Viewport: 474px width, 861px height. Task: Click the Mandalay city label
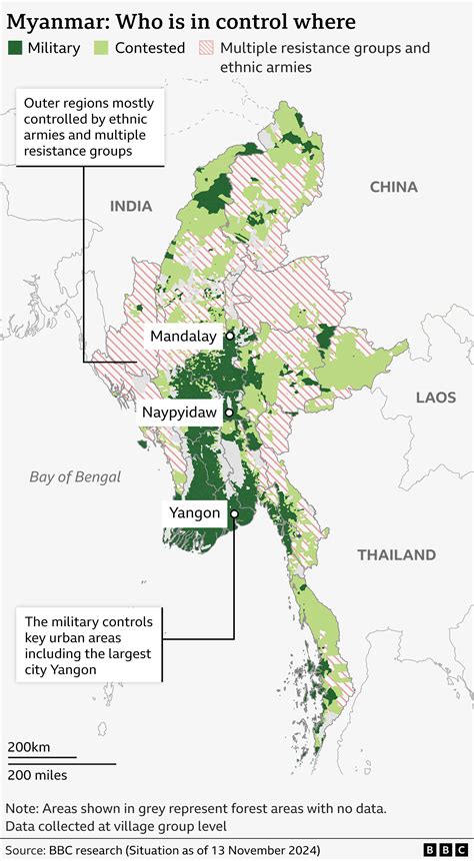tap(183, 337)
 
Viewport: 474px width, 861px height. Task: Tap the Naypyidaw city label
tap(179, 412)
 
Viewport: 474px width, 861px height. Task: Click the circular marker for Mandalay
tap(230, 337)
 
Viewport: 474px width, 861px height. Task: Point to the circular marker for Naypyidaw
tap(229, 412)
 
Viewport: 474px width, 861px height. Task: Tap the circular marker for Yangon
tap(233, 514)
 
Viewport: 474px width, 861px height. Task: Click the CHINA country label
tap(393, 186)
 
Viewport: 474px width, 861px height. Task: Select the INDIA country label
tap(131, 206)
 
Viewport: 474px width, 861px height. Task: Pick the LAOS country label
tap(435, 397)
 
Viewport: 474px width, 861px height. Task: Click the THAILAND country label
tap(397, 554)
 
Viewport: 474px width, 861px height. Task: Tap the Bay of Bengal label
tap(75, 476)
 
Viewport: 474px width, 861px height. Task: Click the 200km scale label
tap(29, 747)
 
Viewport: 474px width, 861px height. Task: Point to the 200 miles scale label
tap(38, 775)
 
